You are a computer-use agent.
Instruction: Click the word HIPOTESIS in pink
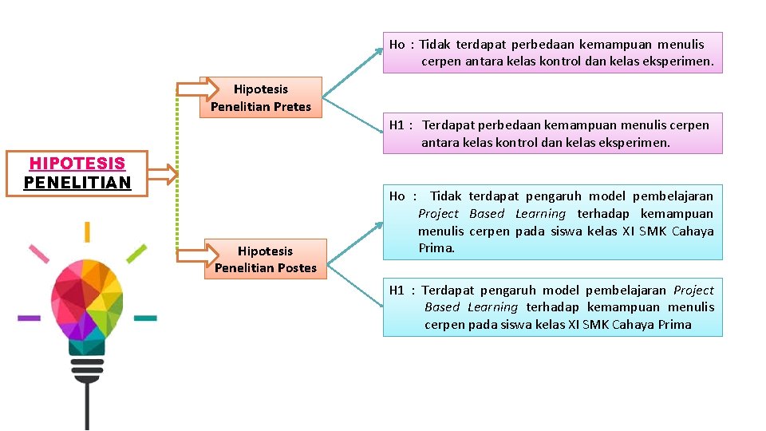click(x=77, y=164)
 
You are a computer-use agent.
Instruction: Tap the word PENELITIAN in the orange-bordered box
click(x=77, y=183)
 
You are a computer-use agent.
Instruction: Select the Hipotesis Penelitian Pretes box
click(x=261, y=97)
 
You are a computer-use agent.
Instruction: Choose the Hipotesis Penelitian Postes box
click(x=266, y=259)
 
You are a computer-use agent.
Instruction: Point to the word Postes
click(x=296, y=268)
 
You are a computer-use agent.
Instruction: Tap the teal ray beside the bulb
click(x=145, y=318)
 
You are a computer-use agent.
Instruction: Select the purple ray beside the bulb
click(x=29, y=318)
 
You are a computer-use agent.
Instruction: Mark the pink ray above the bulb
click(x=39, y=254)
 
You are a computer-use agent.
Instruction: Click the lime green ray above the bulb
click(x=136, y=254)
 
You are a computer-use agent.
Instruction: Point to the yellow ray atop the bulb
click(x=87, y=231)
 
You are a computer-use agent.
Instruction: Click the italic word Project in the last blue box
click(x=693, y=291)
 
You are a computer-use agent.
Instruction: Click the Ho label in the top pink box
click(x=397, y=45)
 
